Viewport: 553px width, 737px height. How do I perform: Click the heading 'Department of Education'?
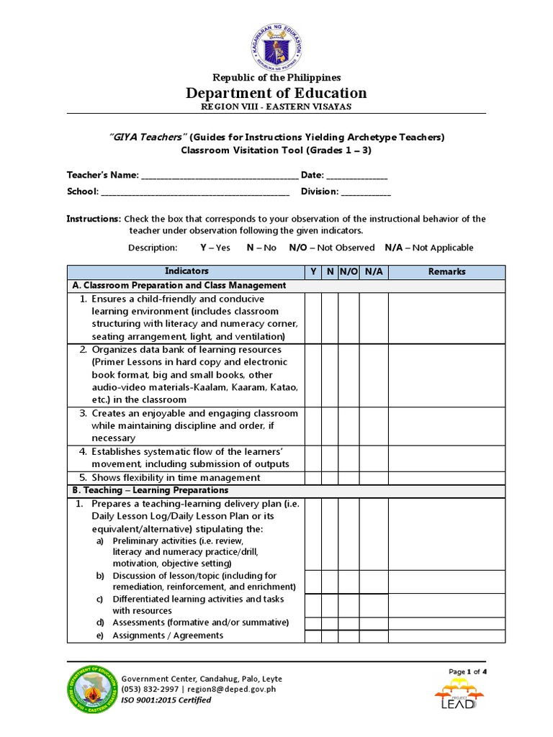tap(276, 93)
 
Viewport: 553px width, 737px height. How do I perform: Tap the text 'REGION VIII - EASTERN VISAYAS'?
tap(276, 107)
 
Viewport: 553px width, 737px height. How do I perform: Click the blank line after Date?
tap(357, 176)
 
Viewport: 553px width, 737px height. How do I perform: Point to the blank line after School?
tap(195, 191)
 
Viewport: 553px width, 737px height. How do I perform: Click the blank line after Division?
tap(366, 191)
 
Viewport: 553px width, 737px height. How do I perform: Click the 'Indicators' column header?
tap(186, 271)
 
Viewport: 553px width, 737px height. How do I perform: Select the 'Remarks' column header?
tap(446, 271)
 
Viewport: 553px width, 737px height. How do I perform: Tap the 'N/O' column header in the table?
tap(349, 271)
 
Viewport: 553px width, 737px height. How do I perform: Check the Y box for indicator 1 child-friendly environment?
tap(313, 317)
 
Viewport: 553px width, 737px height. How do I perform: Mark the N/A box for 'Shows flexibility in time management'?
tap(374, 478)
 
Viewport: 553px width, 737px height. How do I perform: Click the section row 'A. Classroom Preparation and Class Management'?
tap(179, 285)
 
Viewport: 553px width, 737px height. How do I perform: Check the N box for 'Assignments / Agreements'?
tap(330, 636)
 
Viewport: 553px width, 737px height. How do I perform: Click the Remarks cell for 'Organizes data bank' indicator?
tap(446, 374)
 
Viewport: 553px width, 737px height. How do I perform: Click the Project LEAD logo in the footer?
tap(459, 695)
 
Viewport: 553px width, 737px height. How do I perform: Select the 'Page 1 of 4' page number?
tap(467, 672)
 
